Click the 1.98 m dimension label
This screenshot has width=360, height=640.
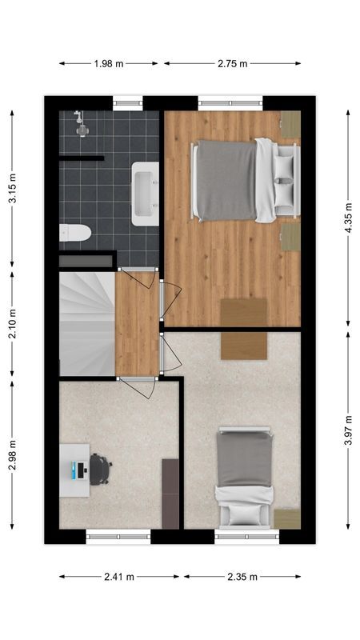pyautogui.click(x=110, y=63)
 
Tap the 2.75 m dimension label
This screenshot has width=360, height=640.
pyautogui.click(x=232, y=63)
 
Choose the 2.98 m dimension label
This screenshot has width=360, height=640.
pyautogui.click(x=12, y=454)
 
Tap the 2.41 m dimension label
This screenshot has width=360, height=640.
pyautogui.click(x=120, y=576)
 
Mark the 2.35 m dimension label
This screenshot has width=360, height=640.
pyautogui.click(x=242, y=576)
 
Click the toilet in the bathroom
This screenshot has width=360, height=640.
pyautogui.click(x=74, y=233)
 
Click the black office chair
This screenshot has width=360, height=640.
pyautogui.click(x=99, y=469)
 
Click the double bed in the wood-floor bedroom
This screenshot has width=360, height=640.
pyautogui.click(x=240, y=181)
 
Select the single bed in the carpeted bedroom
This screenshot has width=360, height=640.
pyautogui.click(x=246, y=478)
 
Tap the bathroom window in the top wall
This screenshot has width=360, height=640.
pyautogui.click(x=128, y=101)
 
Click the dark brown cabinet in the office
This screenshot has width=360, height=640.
pyautogui.click(x=170, y=493)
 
